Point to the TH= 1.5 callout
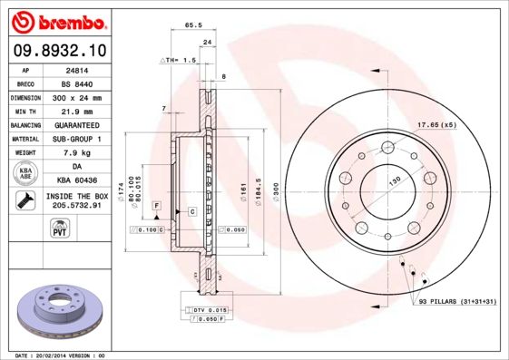click(178, 60)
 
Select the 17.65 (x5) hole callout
click(436, 123)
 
